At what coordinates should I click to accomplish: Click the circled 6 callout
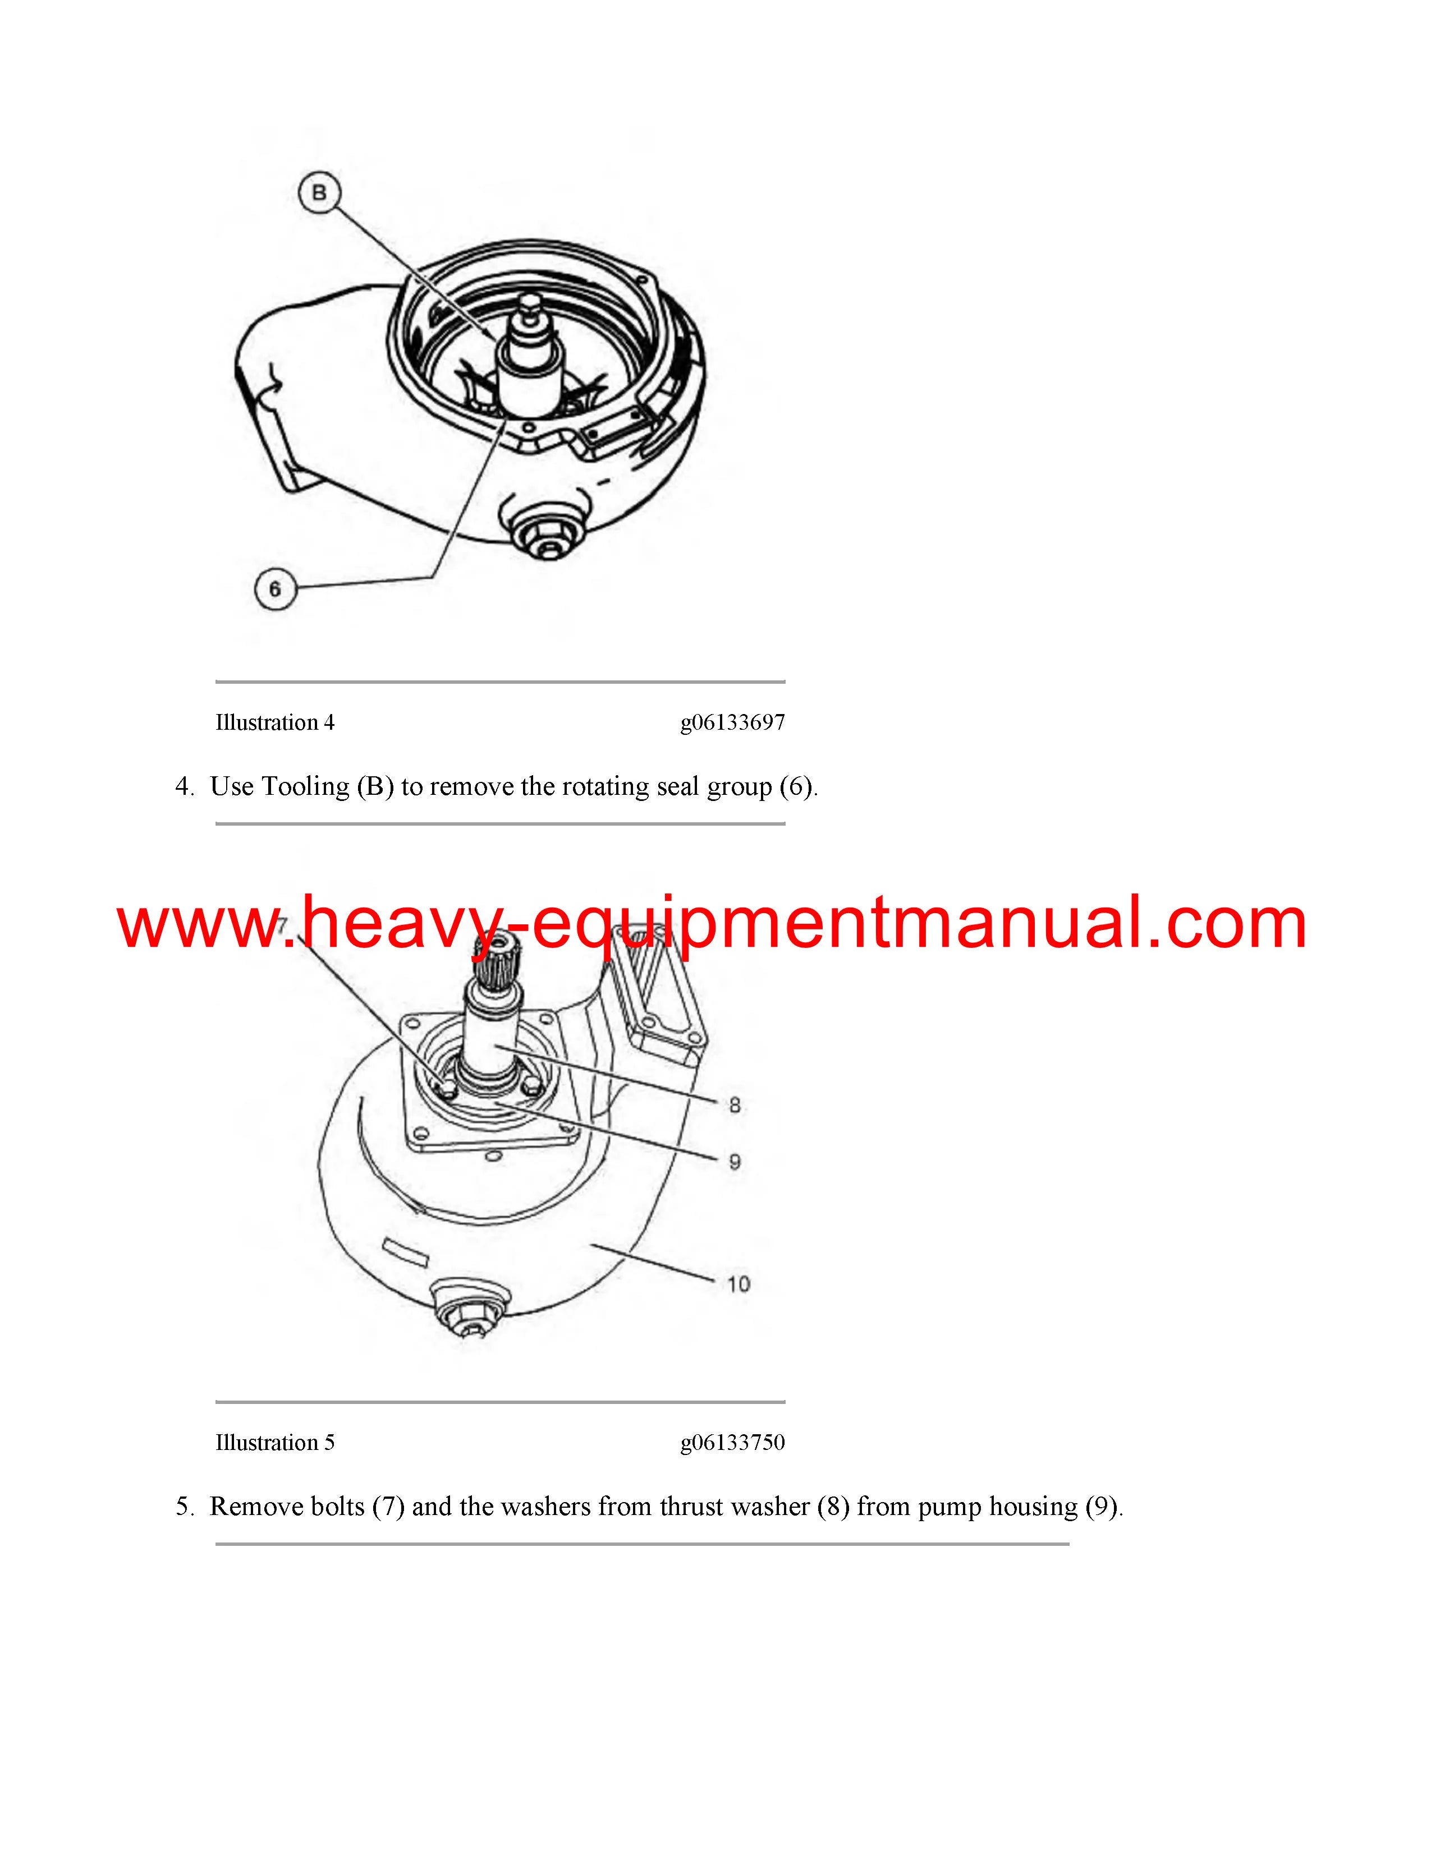(274, 588)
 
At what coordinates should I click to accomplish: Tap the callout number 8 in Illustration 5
(734, 1104)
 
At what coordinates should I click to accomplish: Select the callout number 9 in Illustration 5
(734, 1161)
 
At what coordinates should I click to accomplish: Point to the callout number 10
(739, 1284)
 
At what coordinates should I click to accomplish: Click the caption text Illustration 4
(274, 722)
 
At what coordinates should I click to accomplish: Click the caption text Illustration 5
(274, 1443)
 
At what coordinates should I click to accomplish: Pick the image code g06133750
(732, 1443)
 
